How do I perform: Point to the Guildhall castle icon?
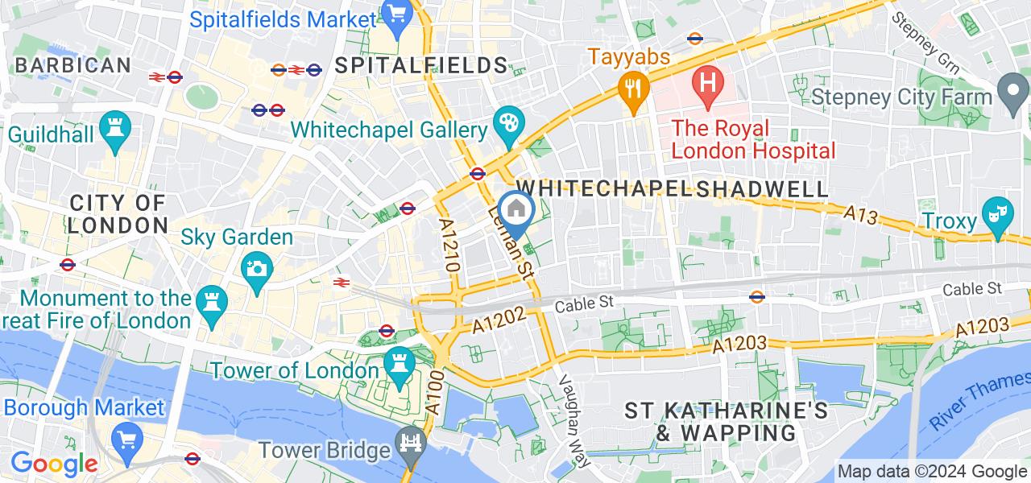(114, 129)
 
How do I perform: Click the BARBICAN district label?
(72, 65)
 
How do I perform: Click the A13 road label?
(859, 214)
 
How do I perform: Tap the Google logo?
(54, 464)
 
